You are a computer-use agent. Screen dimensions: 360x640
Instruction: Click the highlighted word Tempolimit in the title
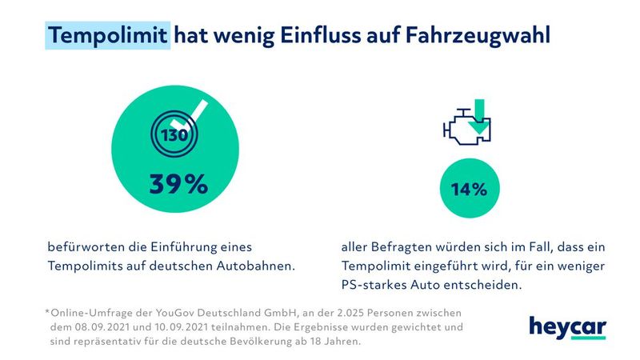point(107,35)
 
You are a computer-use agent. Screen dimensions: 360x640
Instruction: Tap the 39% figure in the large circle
point(178,184)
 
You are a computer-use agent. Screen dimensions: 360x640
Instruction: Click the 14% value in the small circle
point(470,190)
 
